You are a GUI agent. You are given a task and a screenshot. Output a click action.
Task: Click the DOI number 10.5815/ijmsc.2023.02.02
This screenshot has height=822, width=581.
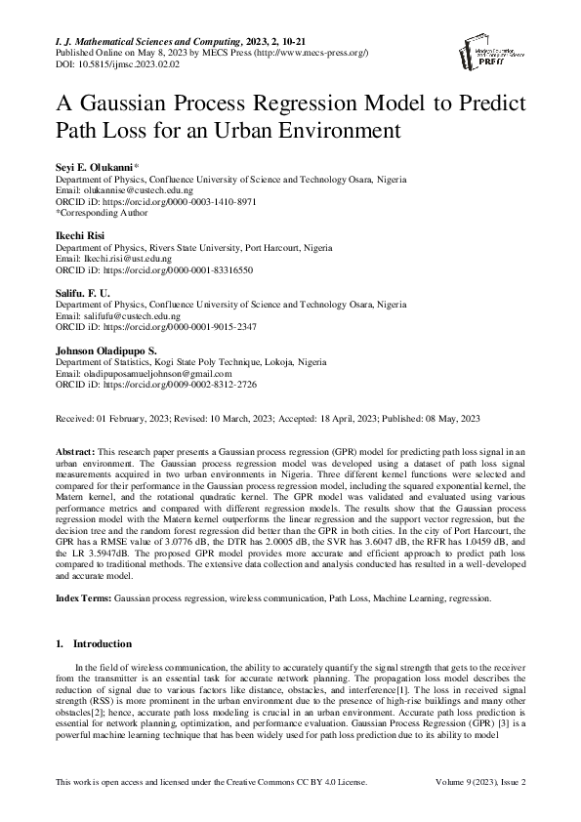click(x=112, y=62)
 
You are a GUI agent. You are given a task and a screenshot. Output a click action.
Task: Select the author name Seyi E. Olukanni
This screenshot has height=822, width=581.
click(x=97, y=169)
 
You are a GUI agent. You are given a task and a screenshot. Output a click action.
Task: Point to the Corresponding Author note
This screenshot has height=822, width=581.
click(x=101, y=211)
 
